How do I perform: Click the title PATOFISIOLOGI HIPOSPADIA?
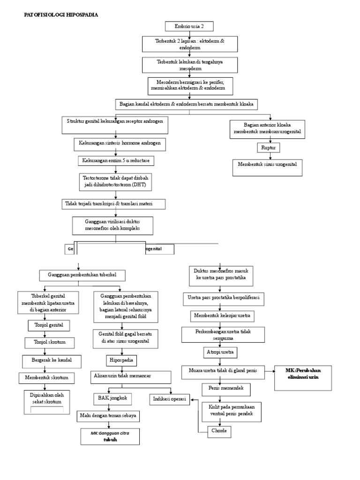(x=61, y=15)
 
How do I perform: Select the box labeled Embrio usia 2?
(x=189, y=27)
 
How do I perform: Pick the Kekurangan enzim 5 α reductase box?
(x=116, y=160)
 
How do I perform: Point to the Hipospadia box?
(x=121, y=360)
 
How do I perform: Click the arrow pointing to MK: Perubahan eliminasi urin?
(x=268, y=371)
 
